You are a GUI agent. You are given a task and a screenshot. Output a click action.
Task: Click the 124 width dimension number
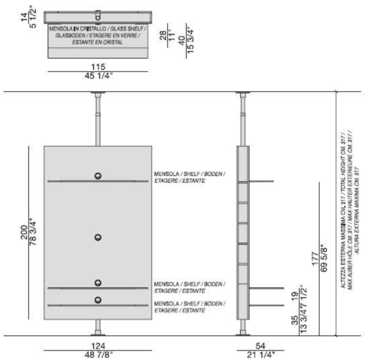(98, 346)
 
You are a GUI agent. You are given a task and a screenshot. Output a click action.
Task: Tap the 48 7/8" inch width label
(99, 355)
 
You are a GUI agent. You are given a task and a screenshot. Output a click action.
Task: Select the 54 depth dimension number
(260, 346)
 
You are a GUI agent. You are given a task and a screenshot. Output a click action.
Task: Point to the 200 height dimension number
(24, 232)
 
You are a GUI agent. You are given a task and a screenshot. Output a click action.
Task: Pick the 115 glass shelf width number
(98, 67)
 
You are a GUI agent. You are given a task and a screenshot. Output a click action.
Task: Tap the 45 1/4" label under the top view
(99, 76)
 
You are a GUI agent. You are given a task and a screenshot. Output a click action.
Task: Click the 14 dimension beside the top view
(24, 17)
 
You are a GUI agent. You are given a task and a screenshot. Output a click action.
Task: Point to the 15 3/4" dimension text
(190, 41)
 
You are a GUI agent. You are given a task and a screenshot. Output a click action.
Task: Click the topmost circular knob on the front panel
(98, 176)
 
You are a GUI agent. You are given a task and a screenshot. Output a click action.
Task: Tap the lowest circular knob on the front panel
(98, 300)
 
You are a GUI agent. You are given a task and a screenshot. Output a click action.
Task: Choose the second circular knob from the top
(98, 237)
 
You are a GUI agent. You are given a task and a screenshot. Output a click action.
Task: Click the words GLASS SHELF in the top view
(127, 29)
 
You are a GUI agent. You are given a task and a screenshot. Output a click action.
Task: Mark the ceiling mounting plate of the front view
(98, 93)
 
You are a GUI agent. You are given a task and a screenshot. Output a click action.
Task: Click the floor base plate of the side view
(243, 335)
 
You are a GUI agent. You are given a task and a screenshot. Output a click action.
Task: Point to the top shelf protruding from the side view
(261, 181)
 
